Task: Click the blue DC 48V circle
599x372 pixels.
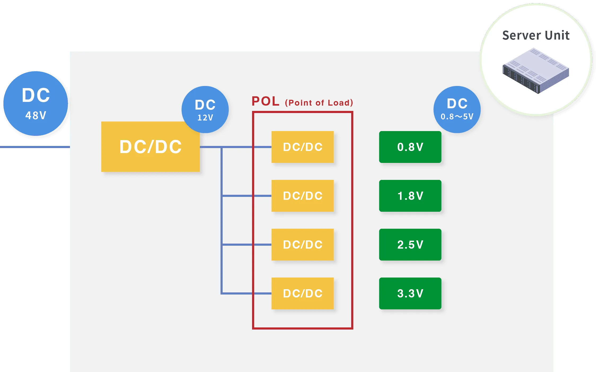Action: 36,103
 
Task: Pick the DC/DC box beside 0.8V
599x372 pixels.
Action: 302,147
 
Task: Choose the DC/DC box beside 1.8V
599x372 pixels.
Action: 302,196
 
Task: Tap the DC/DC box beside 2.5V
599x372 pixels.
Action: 302,245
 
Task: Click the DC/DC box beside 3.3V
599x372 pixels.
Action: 302,293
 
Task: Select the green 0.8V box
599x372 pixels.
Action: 410,147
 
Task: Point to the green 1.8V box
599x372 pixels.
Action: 410,196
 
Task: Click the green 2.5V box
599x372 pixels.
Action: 410,245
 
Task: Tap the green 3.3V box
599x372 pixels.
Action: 410,293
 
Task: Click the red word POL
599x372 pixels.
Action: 265,101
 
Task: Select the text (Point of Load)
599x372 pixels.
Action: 319,103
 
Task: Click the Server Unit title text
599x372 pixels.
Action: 536,36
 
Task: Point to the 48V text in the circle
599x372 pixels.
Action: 36,116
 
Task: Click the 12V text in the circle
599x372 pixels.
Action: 205,118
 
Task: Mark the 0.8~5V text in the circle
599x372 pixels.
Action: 457,117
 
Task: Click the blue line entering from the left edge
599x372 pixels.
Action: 34,147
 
